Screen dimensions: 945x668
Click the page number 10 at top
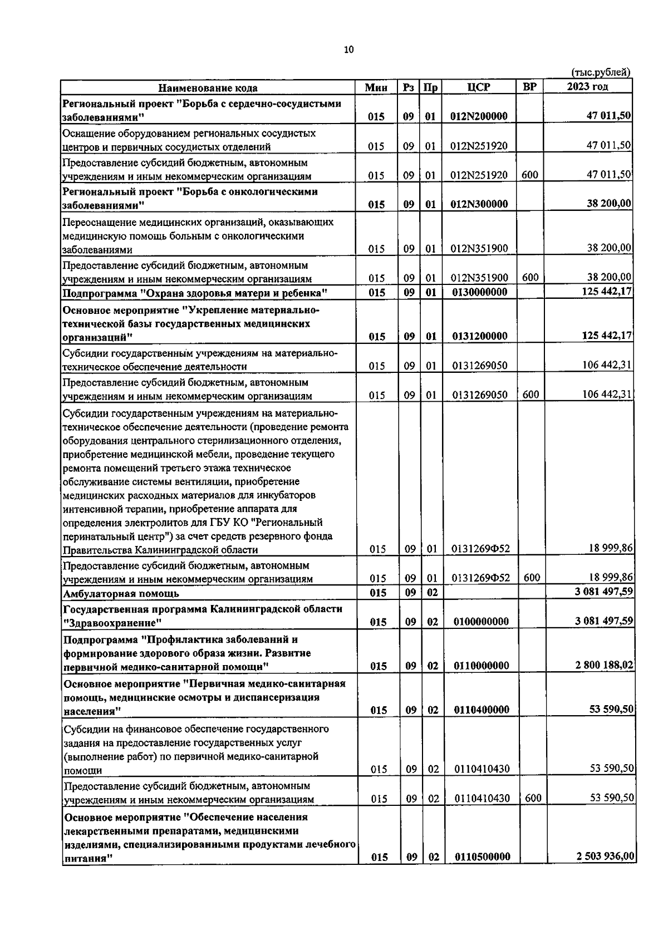(348, 50)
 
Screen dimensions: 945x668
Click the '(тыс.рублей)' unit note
(601, 72)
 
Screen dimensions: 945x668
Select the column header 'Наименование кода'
(208, 87)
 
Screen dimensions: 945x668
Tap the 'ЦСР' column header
(479, 87)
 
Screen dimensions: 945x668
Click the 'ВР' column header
(530, 87)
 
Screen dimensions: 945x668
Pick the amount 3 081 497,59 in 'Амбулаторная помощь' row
(604, 592)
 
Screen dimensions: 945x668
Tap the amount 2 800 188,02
(604, 665)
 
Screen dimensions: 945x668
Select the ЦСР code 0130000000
(479, 292)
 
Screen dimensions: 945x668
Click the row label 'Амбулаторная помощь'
(121, 593)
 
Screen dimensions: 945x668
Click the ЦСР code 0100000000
(480, 622)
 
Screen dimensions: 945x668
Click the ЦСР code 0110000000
(480, 666)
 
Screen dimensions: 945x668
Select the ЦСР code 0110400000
(481, 710)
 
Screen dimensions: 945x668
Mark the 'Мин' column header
(376, 87)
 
